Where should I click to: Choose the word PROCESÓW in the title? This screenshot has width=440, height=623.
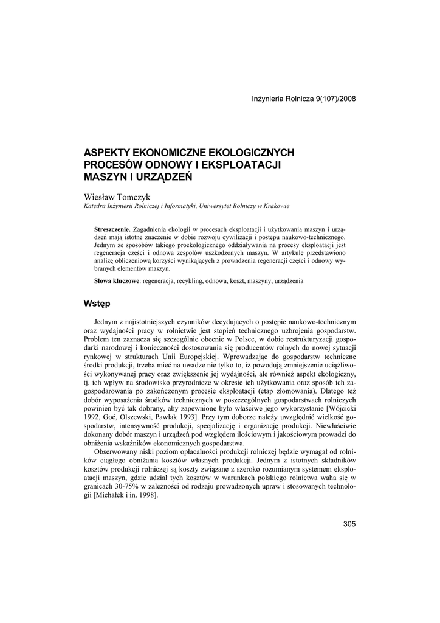(x=109, y=164)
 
